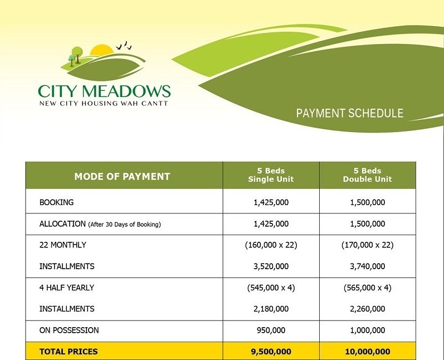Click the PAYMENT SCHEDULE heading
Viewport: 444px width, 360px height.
click(349, 113)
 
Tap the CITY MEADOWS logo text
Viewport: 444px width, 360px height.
click(104, 91)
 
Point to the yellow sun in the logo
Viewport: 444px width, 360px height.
click(101, 51)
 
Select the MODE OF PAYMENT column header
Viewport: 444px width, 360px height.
click(122, 177)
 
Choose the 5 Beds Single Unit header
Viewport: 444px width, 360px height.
click(271, 175)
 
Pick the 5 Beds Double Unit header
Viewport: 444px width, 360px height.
click(367, 175)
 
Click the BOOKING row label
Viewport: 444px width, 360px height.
click(56, 202)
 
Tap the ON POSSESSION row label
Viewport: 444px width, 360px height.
click(69, 330)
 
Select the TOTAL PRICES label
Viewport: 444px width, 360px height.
click(69, 352)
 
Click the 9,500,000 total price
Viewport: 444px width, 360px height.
click(271, 352)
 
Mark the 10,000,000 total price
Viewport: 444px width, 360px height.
click(367, 352)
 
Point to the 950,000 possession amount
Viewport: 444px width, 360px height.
click(271, 330)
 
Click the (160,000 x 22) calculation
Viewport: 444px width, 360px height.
click(271, 245)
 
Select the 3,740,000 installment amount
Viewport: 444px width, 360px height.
click(367, 266)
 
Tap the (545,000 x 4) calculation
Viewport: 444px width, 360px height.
click(271, 288)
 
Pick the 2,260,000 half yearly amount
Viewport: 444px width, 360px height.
click(367, 309)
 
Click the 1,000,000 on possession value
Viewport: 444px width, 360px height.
click(367, 330)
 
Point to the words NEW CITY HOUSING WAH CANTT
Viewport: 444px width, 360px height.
click(104, 103)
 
